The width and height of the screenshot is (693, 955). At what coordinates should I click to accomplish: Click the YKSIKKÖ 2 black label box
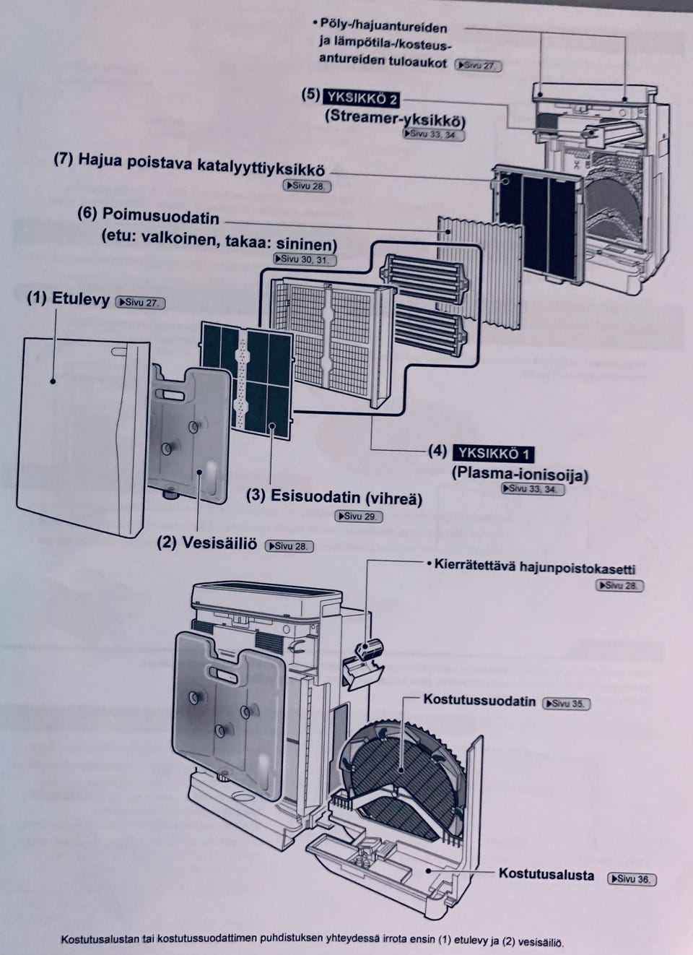362,98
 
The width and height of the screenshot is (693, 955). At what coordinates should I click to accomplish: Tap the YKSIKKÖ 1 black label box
494,454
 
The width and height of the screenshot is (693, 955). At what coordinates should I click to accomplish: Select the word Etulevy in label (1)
81,299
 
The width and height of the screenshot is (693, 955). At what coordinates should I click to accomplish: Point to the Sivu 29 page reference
359,516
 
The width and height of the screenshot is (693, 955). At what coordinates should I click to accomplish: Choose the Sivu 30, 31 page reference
305,259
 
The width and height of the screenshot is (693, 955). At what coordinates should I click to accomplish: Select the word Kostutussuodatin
479,701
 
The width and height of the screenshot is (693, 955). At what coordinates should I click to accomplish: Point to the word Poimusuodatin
161,216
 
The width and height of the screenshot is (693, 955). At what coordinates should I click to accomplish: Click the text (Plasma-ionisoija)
520,475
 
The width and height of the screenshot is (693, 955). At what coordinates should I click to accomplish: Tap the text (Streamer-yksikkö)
396,118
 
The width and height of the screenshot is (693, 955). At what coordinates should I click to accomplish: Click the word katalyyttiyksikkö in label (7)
261,168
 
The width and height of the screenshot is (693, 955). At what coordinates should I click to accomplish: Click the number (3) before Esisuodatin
256,495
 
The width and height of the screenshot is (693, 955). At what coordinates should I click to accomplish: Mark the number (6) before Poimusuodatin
87,213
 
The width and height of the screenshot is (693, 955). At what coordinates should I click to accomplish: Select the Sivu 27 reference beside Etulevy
140,303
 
